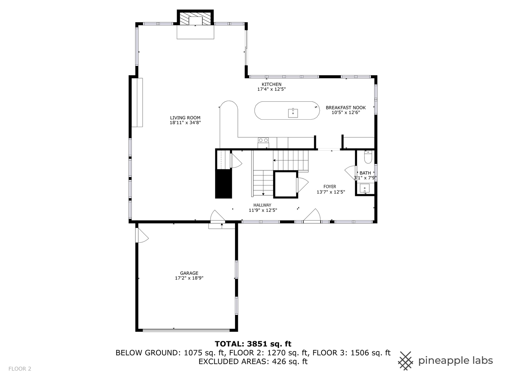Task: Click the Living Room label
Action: [185, 118]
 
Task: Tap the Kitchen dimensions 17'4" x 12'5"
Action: [271, 89]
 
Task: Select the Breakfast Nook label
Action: [345, 108]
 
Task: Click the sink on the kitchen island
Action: [293, 113]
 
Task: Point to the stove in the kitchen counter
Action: [263, 142]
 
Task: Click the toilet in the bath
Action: [368, 157]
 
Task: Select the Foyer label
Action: [330, 186]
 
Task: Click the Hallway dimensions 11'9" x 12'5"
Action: [263, 210]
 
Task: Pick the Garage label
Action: [189, 273]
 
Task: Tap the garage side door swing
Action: [142, 235]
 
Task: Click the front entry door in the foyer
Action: [312, 216]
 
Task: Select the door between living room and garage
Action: [217, 217]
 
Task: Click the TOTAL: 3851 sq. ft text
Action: [253, 344]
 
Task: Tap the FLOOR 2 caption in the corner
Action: [20, 369]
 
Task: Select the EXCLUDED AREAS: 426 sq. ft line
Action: [253, 361]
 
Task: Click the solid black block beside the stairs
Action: [223, 184]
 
